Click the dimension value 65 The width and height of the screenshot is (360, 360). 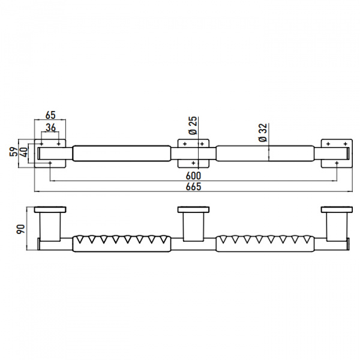[50, 115]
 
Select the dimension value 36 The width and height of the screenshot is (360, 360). [50, 127]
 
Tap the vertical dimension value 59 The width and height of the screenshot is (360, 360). [14, 152]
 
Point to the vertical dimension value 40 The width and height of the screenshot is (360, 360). [24, 152]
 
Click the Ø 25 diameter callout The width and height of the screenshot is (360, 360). [193, 125]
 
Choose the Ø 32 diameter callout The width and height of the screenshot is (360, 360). [263, 133]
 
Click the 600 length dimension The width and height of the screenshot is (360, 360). [193, 176]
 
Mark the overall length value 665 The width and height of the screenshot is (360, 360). [193, 187]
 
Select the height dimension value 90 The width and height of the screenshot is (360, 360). [20, 229]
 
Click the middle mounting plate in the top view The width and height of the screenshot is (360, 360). [193, 153]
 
